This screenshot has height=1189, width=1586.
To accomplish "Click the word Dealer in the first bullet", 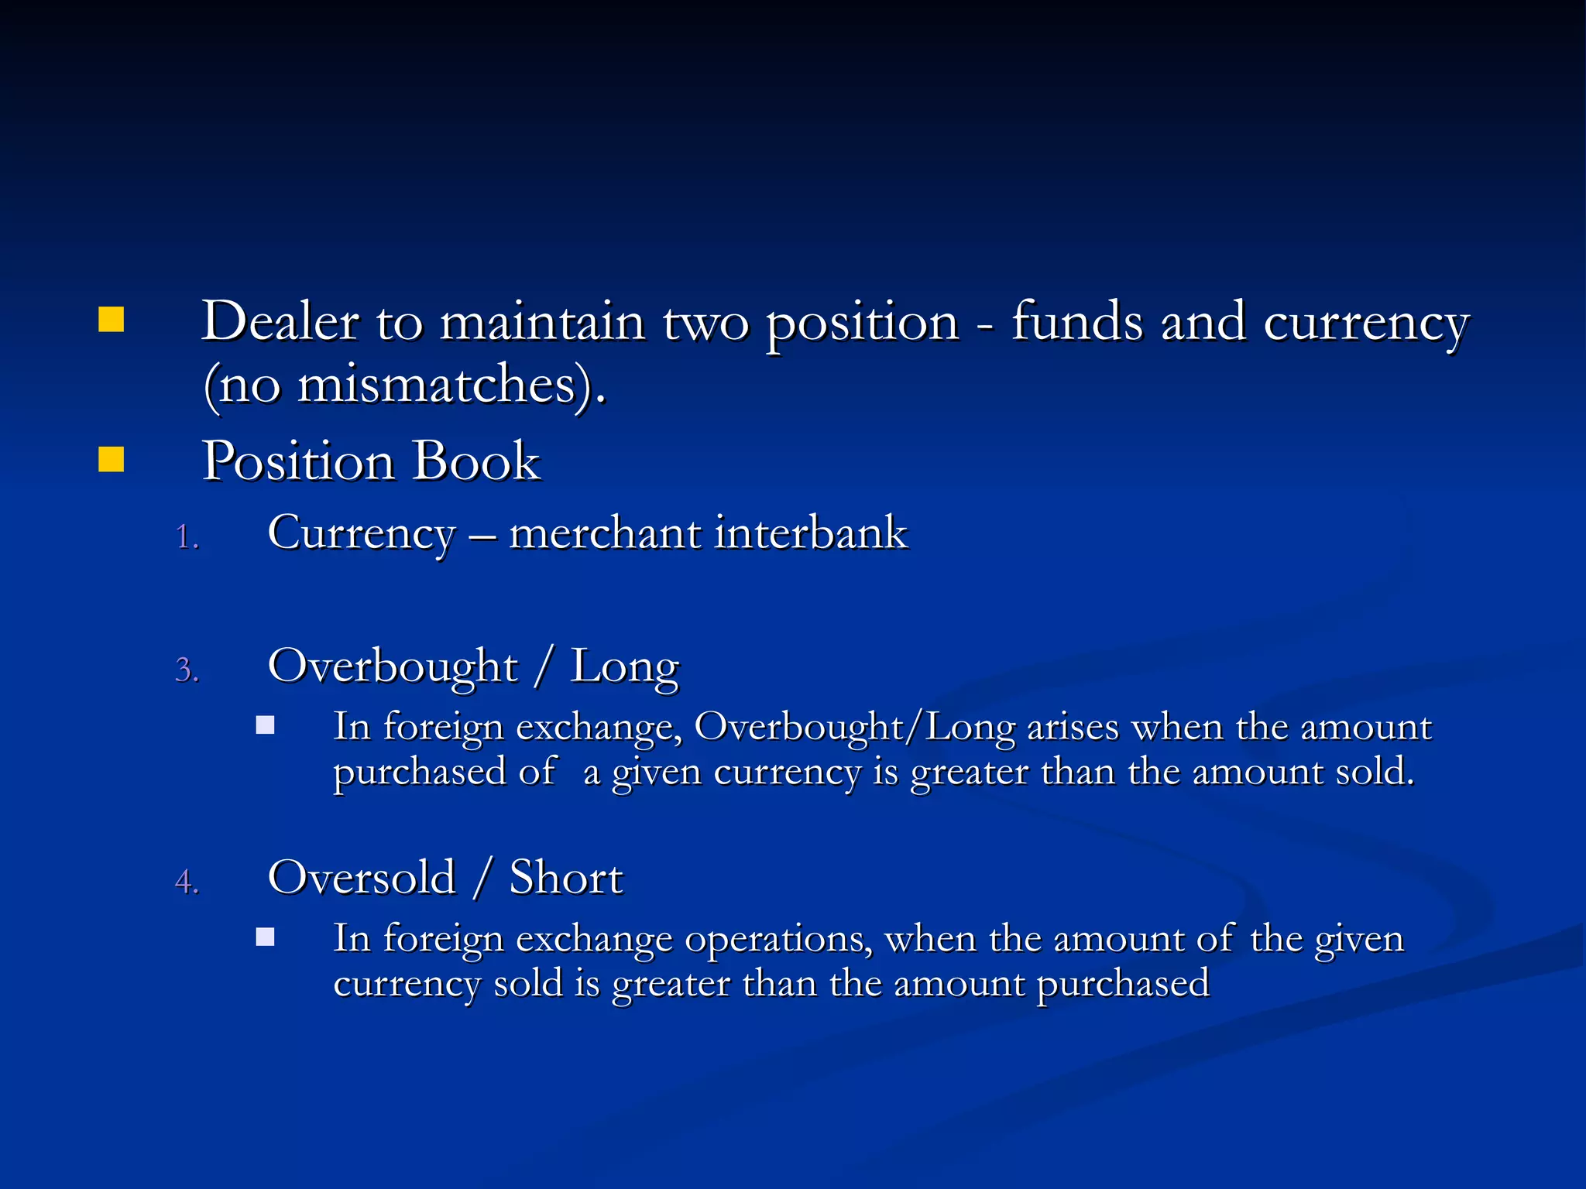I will coord(280,321).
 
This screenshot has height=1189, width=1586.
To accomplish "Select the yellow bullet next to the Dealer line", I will coord(112,320).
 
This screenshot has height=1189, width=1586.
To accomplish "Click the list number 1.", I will coord(187,537).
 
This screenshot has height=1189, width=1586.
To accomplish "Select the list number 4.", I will coord(187,882).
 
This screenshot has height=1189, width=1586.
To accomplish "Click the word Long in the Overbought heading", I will coord(625,667).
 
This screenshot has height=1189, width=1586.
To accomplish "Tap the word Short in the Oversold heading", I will coord(566,878).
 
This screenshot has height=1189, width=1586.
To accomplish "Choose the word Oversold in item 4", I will coord(362,878).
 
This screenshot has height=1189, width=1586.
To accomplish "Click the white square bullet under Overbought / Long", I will coord(266,725).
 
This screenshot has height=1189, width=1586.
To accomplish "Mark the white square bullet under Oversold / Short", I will coord(266,937).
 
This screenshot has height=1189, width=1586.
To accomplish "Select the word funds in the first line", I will coord(1077,321).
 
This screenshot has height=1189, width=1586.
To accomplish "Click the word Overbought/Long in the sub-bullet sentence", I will coord(855,728).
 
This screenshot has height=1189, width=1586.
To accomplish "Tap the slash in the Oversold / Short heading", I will coord(482,878).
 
